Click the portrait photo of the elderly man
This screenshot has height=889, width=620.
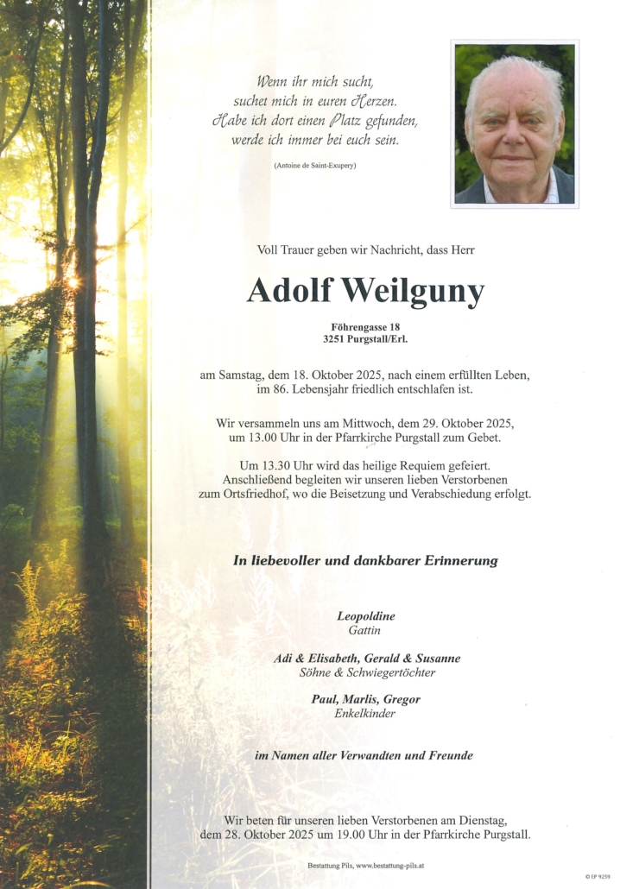515,123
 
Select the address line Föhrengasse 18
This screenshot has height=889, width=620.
366,326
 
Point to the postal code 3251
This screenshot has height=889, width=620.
336,339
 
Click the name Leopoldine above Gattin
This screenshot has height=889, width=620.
366,616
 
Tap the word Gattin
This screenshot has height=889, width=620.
366,630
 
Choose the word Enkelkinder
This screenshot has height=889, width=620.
365,714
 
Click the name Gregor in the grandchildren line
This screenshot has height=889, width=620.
401,699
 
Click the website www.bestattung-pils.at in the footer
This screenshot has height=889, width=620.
389,865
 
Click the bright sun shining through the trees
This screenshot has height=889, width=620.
73,281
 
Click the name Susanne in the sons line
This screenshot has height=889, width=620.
437,658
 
